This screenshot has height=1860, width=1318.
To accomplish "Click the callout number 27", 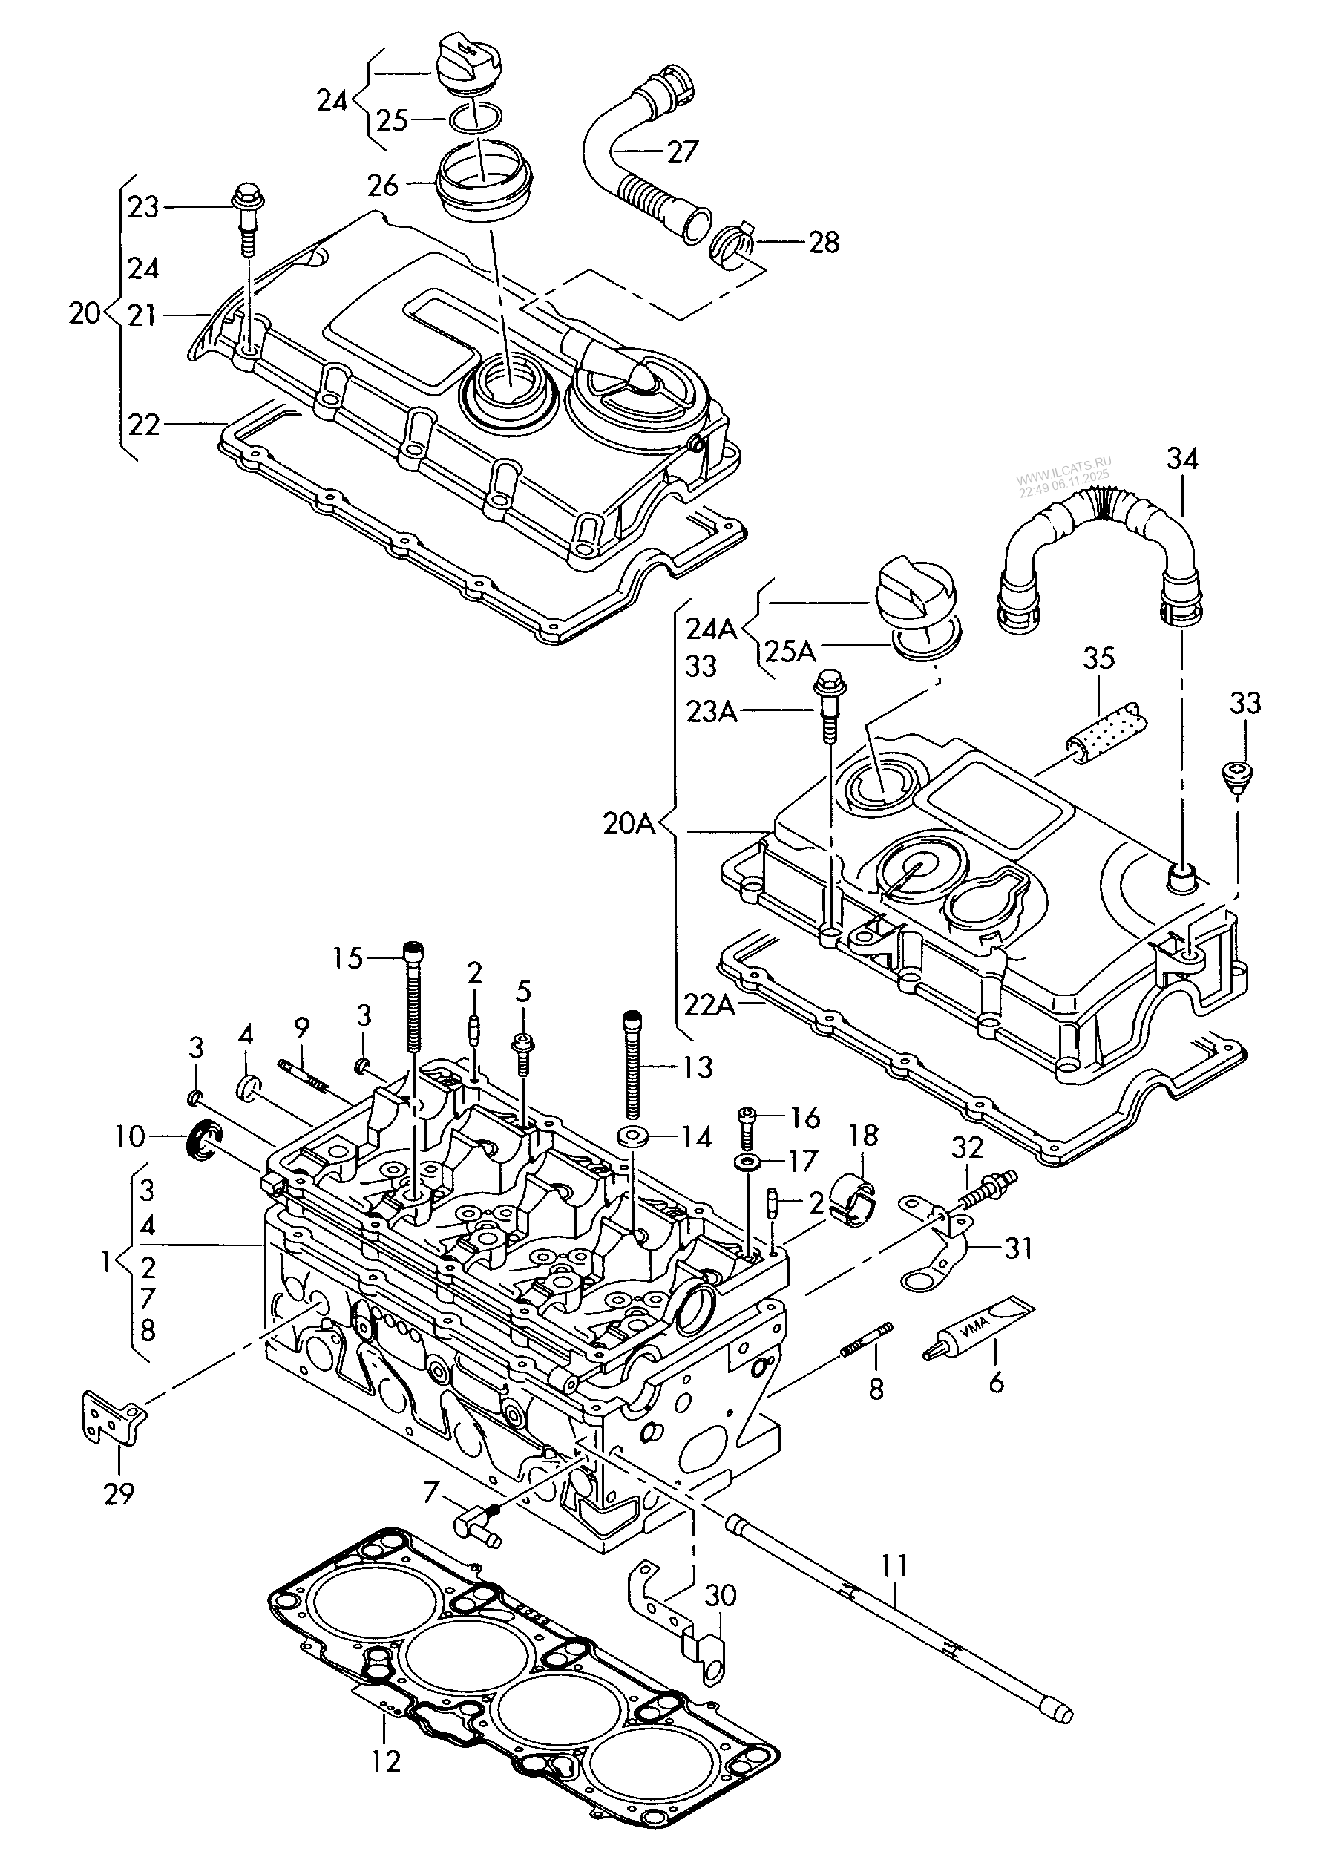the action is point(683,151).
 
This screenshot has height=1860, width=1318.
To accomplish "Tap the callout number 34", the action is point(1181,459).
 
